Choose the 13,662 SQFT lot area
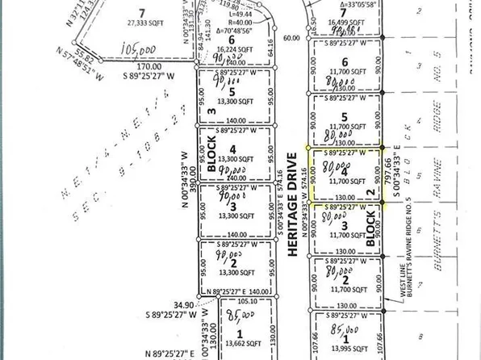click(239, 341)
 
